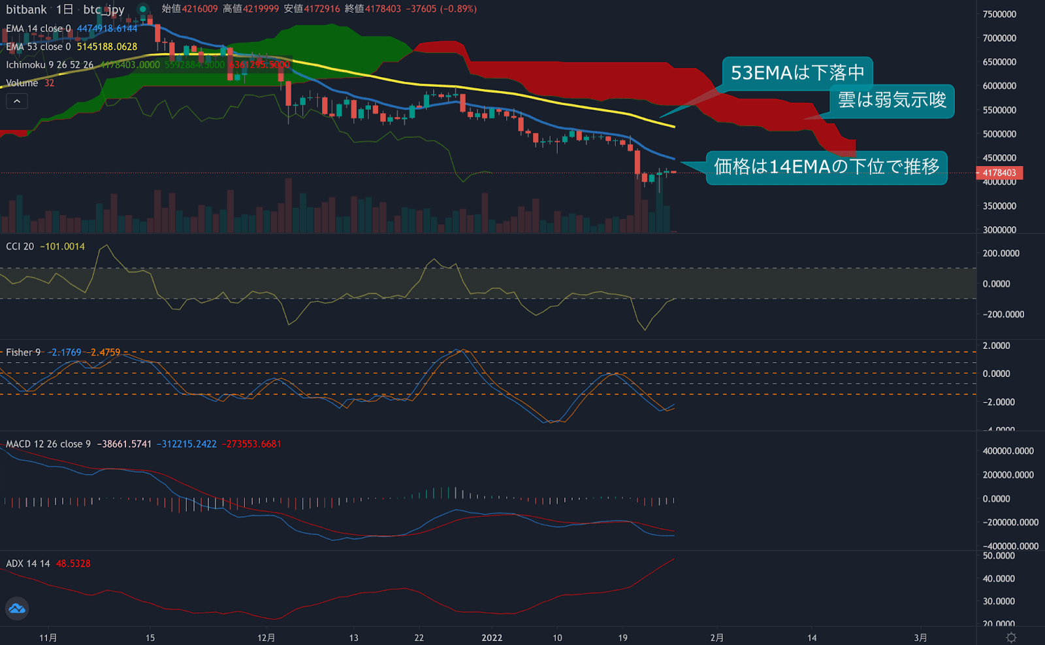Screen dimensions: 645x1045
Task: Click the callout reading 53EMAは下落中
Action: (797, 73)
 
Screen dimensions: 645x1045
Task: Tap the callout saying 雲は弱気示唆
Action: (892, 100)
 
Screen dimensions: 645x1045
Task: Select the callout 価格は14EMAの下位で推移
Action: (826, 167)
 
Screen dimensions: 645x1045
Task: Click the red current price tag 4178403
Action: (999, 173)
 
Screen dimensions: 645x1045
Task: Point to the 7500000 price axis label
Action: (999, 14)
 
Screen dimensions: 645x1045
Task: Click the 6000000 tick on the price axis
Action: (999, 86)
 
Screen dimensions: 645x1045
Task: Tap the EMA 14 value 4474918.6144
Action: (107, 29)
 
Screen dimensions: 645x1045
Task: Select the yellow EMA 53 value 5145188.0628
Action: (107, 47)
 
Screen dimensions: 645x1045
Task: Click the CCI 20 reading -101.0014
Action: (63, 246)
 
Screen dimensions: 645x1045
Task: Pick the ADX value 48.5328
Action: (73, 563)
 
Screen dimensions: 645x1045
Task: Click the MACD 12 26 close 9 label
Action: (48, 444)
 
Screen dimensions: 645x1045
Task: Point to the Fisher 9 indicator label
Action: (24, 352)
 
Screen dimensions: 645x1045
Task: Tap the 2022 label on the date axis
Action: (492, 638)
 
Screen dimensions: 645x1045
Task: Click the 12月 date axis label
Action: (266, 638)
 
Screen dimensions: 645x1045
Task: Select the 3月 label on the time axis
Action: (920, 638)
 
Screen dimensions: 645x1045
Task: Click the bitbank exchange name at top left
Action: (26, 10)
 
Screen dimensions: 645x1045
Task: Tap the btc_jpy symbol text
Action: (103, 10)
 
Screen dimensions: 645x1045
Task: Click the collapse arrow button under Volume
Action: (17, 101)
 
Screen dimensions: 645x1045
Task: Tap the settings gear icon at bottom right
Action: (1011, 638)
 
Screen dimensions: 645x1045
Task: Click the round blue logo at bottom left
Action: (17, 608)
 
